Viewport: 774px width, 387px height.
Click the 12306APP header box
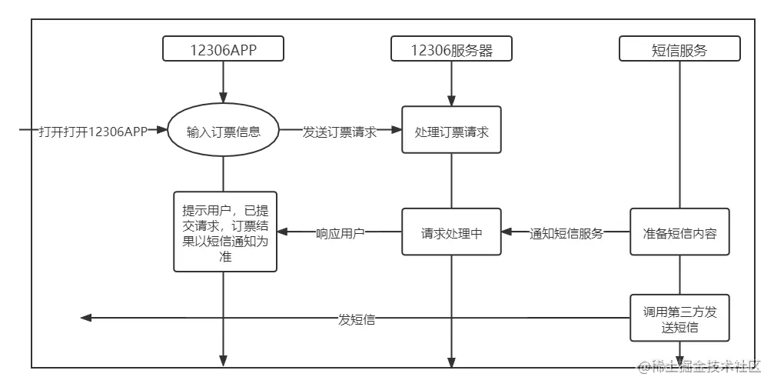(224, 49)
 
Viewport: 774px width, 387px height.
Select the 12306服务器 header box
(451, 49)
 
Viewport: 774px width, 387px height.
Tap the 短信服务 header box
(679, 49)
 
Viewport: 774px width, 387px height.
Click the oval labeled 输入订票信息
(224, 131)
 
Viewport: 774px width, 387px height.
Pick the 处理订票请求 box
(451, 131)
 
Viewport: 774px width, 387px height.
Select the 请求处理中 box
(451, 232)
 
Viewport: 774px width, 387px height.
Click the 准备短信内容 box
(679, 232)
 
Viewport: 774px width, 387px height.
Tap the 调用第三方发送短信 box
(679, 318)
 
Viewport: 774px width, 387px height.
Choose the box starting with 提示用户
(225, 232)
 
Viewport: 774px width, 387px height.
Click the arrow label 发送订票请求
(339, 131)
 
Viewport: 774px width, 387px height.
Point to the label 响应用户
(340, 232)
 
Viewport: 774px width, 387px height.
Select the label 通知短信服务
(566, 232)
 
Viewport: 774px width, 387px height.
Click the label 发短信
(357, 319)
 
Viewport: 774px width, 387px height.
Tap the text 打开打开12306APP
(92, 131)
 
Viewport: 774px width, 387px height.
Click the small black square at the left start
(25, 130)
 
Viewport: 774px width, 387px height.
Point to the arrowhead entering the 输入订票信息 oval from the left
(161, 131)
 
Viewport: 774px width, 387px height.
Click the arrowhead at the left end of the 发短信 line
(86, 319)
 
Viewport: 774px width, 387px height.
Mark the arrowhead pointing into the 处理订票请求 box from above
(451, 101)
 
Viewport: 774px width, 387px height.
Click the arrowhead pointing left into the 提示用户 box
(283, 232)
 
